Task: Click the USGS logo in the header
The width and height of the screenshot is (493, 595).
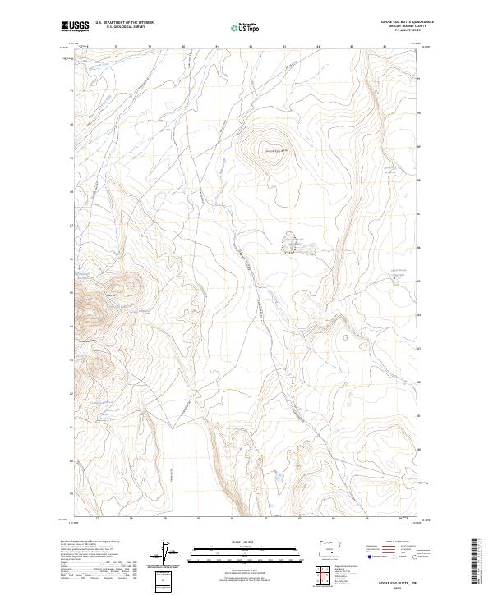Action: [x=75, y=26]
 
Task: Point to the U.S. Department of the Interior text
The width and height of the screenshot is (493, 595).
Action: [x=124, y=22]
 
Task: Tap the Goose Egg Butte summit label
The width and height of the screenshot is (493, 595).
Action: [x=272, y=150]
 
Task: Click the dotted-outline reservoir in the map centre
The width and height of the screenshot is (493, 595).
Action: [x=290, y=243]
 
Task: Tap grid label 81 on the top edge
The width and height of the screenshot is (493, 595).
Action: [x=216, y=47]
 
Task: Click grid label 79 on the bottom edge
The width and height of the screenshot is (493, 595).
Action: [x=165, y=519]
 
